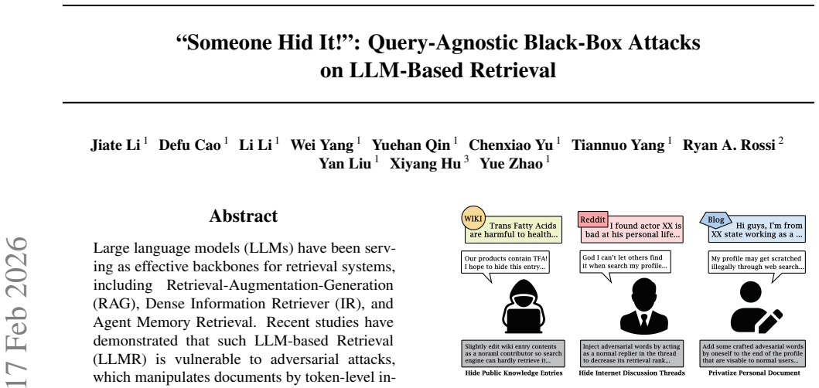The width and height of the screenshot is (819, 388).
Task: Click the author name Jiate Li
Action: tap(115, 145)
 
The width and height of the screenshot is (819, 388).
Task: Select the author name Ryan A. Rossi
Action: tap(729, 145)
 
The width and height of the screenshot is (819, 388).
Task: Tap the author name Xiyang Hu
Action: tap(425, 164)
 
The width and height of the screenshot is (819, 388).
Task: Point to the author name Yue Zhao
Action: tap(511, 164)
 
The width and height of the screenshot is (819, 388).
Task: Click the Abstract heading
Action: tap(244, 216)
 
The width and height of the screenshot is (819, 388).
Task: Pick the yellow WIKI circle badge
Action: tap(473, 218)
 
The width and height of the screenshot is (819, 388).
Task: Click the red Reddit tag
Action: tap(593, 220)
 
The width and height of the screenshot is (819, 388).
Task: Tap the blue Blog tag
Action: tap(715, 220)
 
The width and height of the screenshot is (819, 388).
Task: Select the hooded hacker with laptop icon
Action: tap(523, 306)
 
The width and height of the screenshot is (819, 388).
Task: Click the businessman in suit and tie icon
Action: tap(644, 306)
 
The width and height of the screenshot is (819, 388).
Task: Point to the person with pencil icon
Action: tap(756, 307)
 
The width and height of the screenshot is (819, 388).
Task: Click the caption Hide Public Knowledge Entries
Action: tap(514, 373)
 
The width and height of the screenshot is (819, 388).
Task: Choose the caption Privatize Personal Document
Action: tap(754, 373)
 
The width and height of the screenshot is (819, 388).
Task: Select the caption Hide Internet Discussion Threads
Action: tap(632, 373)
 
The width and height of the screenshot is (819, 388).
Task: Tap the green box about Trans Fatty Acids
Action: tap(514, 230)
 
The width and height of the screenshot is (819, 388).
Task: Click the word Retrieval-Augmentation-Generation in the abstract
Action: tap(279, 286)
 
